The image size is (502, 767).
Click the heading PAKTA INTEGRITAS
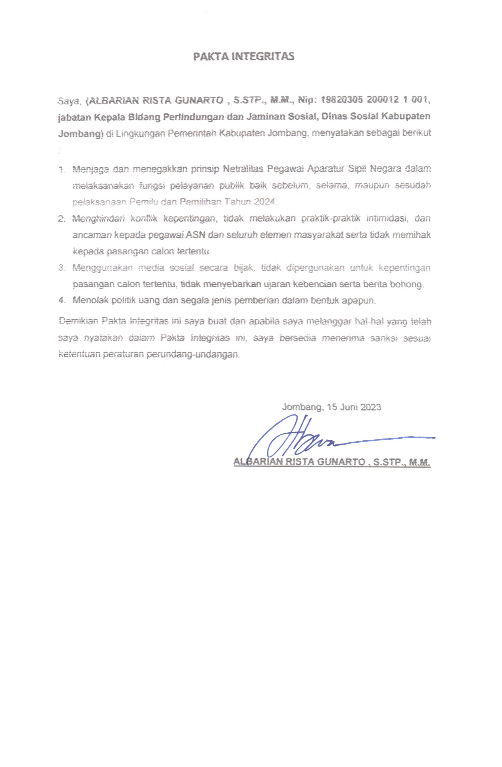[244, 57]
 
